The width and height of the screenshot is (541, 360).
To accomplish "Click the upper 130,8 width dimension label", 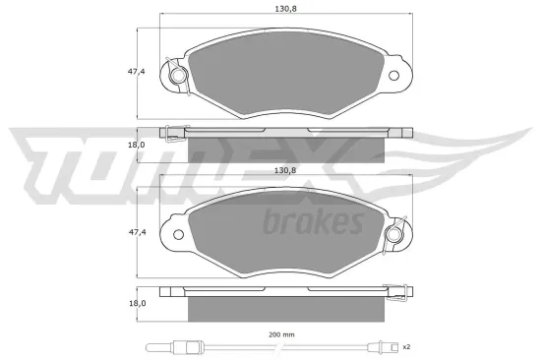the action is tap(285, 9).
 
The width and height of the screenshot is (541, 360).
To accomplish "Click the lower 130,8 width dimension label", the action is tap(285, 170).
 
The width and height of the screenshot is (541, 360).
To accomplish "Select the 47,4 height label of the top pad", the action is tap(137, 72).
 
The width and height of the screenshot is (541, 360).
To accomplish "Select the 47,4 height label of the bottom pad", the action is tap(138, 232).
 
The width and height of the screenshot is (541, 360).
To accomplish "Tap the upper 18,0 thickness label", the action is tap(137, 145).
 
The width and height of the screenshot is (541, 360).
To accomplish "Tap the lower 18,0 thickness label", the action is tap(138, 303).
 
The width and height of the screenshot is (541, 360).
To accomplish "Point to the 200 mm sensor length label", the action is tap(281, 334).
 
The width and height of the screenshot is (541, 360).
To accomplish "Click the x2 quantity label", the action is tap(406, 346).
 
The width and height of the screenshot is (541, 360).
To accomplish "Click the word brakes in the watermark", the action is tap(313, 221).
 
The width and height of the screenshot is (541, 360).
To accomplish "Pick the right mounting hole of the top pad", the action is tap(393, 75).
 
